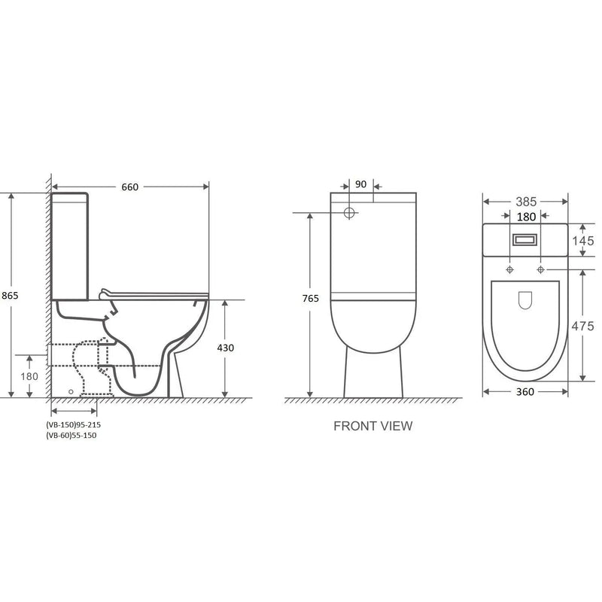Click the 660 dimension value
(x=130, y=187)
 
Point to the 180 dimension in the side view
(x=29, y=376)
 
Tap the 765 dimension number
(x=311, y=298)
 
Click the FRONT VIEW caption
(x=372, y=426)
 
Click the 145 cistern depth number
(x=583, y=241)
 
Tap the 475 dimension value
(x=583, y=326)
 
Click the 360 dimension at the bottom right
(x=524, y=391)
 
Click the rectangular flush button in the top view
(x=524, y=240)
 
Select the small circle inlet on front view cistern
(x=349, y=213)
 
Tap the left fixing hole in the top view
(x=510, y=269)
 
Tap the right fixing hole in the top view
(x=540, y=269)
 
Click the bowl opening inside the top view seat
(x=525, y=301)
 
